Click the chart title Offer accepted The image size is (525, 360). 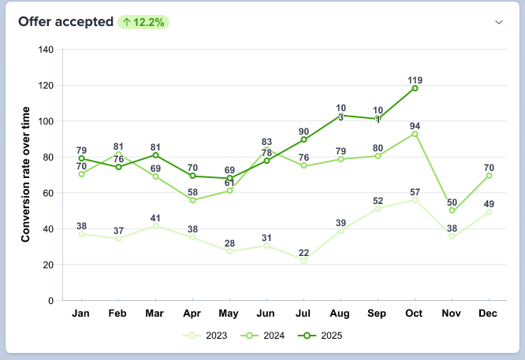(65, 22)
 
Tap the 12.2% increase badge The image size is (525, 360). (144, 22)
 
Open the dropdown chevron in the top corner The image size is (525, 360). (498, 22)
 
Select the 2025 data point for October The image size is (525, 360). (415, 88)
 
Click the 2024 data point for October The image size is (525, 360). (415, 133)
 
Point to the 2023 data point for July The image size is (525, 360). (303, 260)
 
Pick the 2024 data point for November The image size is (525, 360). (452, 211)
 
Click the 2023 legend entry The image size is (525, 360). (206, 336)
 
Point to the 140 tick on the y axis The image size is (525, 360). (46, 50)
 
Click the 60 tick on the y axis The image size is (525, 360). (48, 193)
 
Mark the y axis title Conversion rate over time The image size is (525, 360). (25, 175)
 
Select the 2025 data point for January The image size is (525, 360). (81, 158)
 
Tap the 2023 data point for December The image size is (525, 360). (490, 212)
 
